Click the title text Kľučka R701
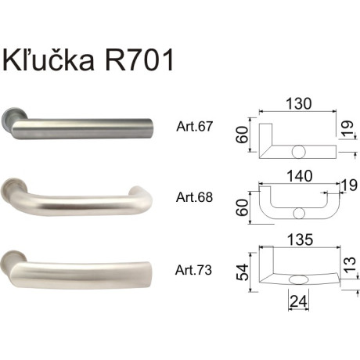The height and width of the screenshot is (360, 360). (x=88, y=60)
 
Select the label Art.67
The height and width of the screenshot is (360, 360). (x=194, y=127)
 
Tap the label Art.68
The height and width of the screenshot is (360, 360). (x=194, y=197)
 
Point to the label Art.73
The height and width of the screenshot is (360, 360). (x=194, y=271)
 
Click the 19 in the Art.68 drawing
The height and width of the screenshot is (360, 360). (x=348, y=185)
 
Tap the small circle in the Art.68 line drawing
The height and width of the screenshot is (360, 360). (x=298, y=212)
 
